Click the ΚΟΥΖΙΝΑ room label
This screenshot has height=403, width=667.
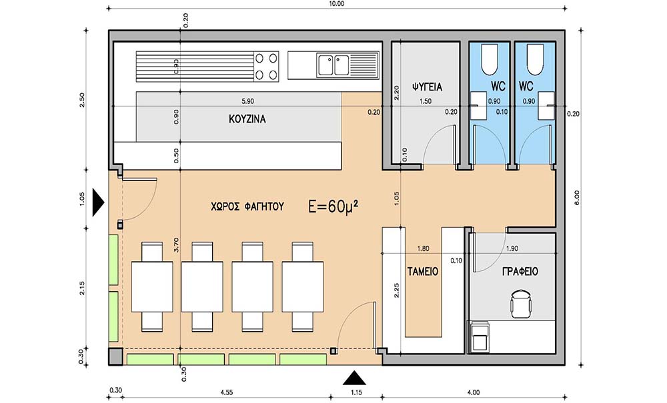(x=247, y=119)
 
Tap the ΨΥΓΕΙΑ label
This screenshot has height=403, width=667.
(x=427, y=87)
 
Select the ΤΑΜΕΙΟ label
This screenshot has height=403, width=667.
(x=423, y=271)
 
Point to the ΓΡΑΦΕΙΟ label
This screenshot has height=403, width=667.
(x=520, y=271)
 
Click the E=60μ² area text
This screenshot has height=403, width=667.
(x=333, y=206)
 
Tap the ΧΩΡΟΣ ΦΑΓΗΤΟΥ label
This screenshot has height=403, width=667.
(x=247, y=206)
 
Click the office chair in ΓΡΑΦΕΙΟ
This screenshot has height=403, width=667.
(x=521, y=303)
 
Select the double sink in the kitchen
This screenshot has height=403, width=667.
(x=333, y=65)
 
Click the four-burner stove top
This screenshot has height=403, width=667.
(x=266, y=65)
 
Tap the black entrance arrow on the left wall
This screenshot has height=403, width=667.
(x=98, y=203)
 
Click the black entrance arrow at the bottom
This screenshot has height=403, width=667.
(x=354, y=378)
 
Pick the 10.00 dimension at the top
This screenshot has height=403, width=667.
(x=336, y=4)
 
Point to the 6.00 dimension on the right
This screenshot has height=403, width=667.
(x=577, y=197)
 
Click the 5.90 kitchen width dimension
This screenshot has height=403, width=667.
(x=247, y=101)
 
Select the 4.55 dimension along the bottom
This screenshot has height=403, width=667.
(x=226, y=392)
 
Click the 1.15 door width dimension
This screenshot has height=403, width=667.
(x=356, y=392)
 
